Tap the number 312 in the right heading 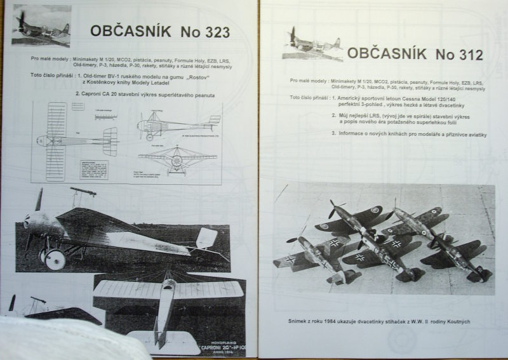point(465,55)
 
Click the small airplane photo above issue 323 point(41,26)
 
